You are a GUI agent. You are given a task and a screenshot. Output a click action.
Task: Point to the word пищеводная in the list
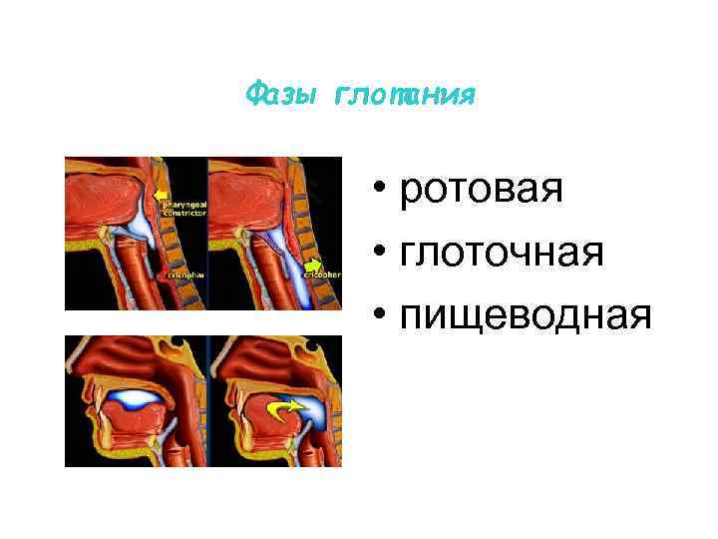pos(526,316)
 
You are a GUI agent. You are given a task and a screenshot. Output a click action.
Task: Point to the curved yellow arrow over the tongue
pos(288,408)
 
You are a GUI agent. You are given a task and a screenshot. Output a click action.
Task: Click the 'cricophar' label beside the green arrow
pos(328,272)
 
